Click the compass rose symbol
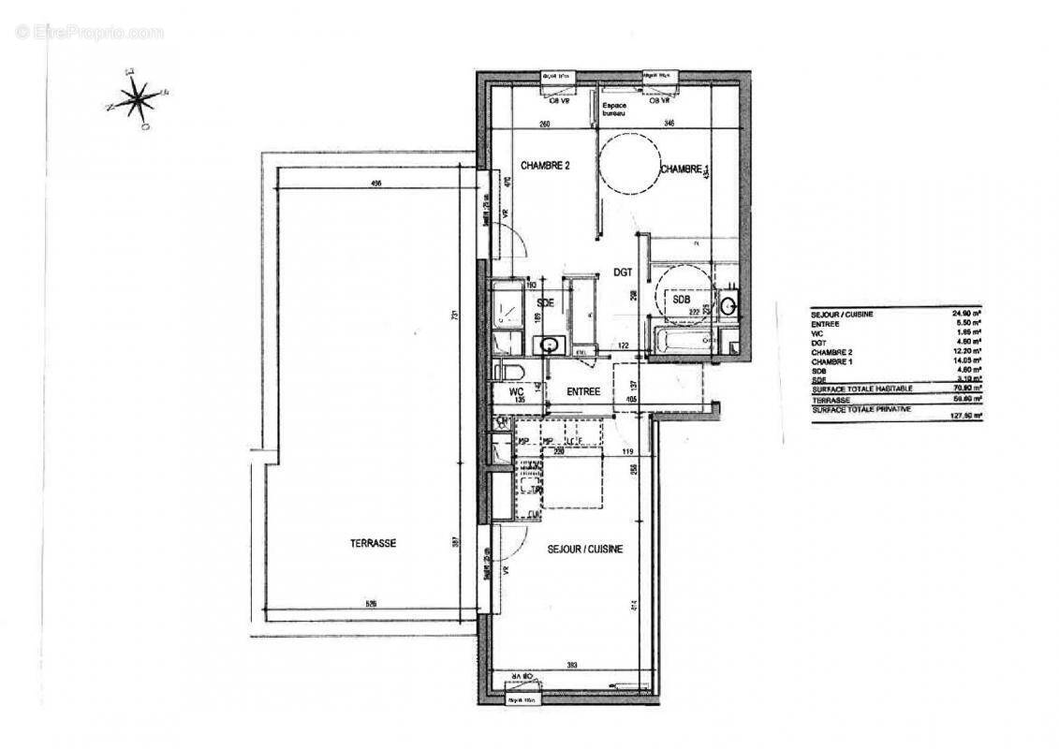(x=137, y=97)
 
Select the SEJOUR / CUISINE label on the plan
(x=585, y=550)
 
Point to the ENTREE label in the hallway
(x=581, y=391)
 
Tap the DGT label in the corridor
(x=624, y=272)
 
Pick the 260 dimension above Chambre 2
(x=542, y=124)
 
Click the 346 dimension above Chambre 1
(x=670, y=124)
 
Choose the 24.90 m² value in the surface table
(x=964, y=314)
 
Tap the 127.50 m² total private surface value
(x=964, y=415)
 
